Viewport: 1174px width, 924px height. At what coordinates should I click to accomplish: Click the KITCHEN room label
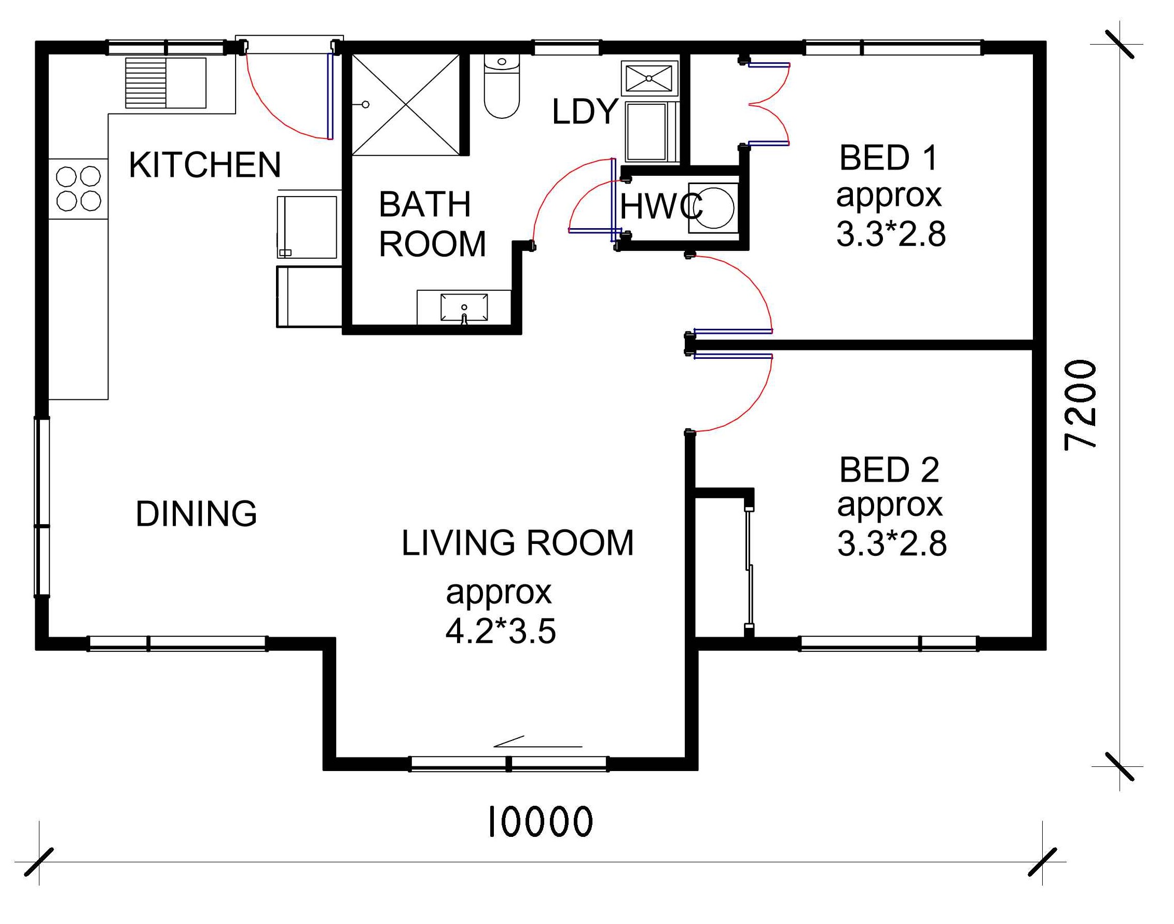[204, 164]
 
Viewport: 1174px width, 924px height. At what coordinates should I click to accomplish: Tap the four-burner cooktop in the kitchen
[78, 188]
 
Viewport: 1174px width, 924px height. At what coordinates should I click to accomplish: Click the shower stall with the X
[405, 104]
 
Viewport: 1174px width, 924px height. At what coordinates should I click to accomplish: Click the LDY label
[585, 111]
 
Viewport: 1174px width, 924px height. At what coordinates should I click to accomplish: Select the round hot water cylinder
[714, 206]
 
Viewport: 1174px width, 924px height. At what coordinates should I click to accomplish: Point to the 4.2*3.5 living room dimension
[500, 631]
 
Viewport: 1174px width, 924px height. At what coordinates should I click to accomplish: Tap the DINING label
[196, 513]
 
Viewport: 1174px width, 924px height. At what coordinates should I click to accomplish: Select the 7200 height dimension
[1081, 404]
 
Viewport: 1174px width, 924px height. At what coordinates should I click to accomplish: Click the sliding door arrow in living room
[537, 741]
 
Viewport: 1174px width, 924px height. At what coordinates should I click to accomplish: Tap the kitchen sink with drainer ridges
[165, 83]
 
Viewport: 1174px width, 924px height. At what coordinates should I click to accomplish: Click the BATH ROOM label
[432, 224]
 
